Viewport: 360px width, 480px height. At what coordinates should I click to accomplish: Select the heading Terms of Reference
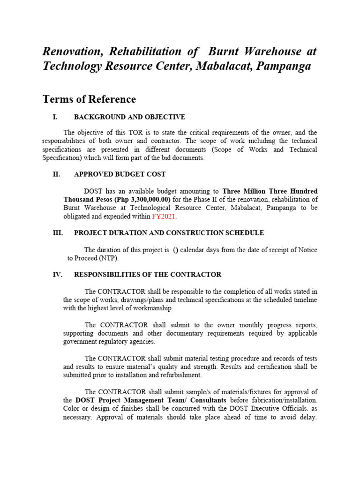pyautogui.click(x=89, y=99)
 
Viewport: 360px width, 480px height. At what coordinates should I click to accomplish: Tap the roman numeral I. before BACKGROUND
pyautogui.click(x=55, y=117)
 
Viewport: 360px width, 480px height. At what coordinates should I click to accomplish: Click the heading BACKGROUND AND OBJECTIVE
pyautogui.click(x=129, y=117)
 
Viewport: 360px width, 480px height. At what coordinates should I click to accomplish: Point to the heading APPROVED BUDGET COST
pyautogui.click(x=120, y=174)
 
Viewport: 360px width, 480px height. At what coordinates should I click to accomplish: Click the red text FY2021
pyautogui.click(x=164, y=217)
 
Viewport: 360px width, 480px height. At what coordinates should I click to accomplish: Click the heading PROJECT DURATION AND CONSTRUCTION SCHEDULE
pyautogui.click(x=169, y=233)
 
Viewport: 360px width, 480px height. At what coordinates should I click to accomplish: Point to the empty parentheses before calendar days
pyautogui.click(x=175, y=250)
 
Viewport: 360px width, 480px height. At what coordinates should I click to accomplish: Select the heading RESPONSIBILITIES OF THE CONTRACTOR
pyautogui.click(x=148, y=275)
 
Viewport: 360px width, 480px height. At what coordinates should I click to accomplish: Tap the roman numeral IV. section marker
pyautogui.click(x=57, y=275)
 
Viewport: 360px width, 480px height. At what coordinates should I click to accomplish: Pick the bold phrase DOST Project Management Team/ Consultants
pyautogui.click(x=151, y=400)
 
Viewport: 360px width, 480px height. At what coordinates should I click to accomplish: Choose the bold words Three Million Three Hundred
pyautogui.click(x=270, y=191)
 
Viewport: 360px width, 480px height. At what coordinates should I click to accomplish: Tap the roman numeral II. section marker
pyautogui.click(x=56, y=174)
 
